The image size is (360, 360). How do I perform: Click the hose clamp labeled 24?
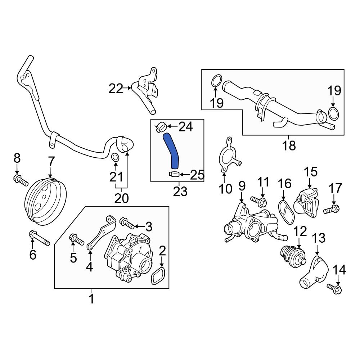pos(161,127)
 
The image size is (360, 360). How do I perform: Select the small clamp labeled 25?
pos(174,175)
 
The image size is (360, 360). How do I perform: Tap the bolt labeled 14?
pos(335,288)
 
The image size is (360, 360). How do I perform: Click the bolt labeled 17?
pos(332,209)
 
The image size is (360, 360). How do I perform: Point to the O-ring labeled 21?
pos(116,158)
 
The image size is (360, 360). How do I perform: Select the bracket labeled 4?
pos(102,233)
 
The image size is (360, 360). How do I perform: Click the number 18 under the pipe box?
pos(289,145)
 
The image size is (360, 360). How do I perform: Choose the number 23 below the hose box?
pos(180,192)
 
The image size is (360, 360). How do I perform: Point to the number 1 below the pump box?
pos(91,298)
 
